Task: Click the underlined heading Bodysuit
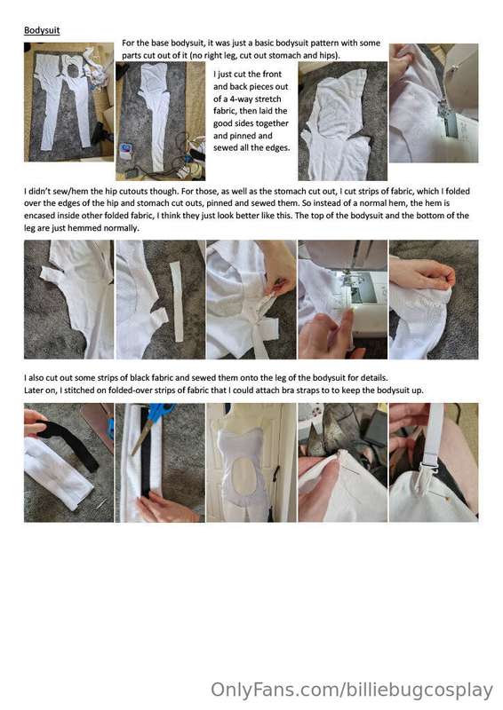coord(42,30)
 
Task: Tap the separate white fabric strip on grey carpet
coord(177,301)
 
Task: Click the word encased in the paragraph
coord(40,216)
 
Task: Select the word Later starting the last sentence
coord(34,390)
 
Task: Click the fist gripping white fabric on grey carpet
coord(423,274)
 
